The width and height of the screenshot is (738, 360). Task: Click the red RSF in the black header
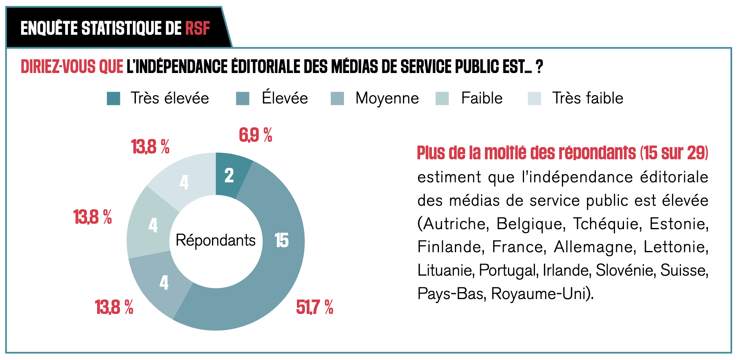[x=198, y=29]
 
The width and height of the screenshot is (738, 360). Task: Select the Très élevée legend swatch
[x=114, y=98]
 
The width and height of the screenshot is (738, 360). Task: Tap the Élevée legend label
[x=285, y=98]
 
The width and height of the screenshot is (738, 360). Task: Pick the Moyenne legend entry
[x=387, y=98]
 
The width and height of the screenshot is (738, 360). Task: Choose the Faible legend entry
[x=481, y=98]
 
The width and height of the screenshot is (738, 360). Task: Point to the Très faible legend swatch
[x=534, y=98]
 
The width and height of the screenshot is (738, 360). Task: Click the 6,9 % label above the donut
[x=255, y=135]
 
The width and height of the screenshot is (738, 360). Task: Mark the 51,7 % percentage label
[x=314, y=307]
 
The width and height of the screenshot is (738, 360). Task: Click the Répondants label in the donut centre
[x=216, y=240]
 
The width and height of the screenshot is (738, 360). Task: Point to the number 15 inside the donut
[x=281, y=240]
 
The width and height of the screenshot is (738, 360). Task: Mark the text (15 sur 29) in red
[x=674, y=153]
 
